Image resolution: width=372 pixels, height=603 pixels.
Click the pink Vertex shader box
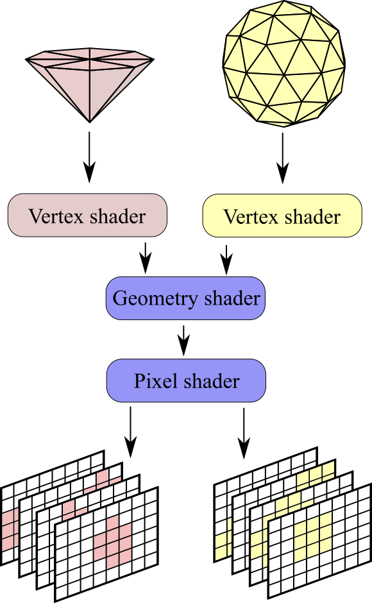(x=87, y=215)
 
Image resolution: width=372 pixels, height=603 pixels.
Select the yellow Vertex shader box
(x=282, y=216)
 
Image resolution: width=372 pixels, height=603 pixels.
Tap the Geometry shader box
(x=185, y=298)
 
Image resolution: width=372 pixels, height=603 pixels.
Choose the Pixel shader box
(x=186, y=380)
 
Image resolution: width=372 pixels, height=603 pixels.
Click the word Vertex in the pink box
(x=56, y=216)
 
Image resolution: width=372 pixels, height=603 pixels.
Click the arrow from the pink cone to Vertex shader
(x=89, y=157)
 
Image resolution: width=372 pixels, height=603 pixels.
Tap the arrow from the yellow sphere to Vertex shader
(x=283, y=158)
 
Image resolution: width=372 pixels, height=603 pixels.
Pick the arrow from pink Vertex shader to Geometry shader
(x=146, y=258)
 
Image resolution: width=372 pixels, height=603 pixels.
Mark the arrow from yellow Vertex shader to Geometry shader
(x=226, y=260)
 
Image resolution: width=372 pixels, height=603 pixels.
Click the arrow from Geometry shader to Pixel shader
(x=184, y=341)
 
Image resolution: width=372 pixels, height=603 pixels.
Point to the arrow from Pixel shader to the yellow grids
(x=244, y=434)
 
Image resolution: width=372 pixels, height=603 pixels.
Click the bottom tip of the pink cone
(x=90, y=123)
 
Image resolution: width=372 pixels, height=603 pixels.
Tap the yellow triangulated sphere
(x=284, y=64)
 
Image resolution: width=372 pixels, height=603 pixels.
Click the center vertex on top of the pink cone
(x=90, y=59)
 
